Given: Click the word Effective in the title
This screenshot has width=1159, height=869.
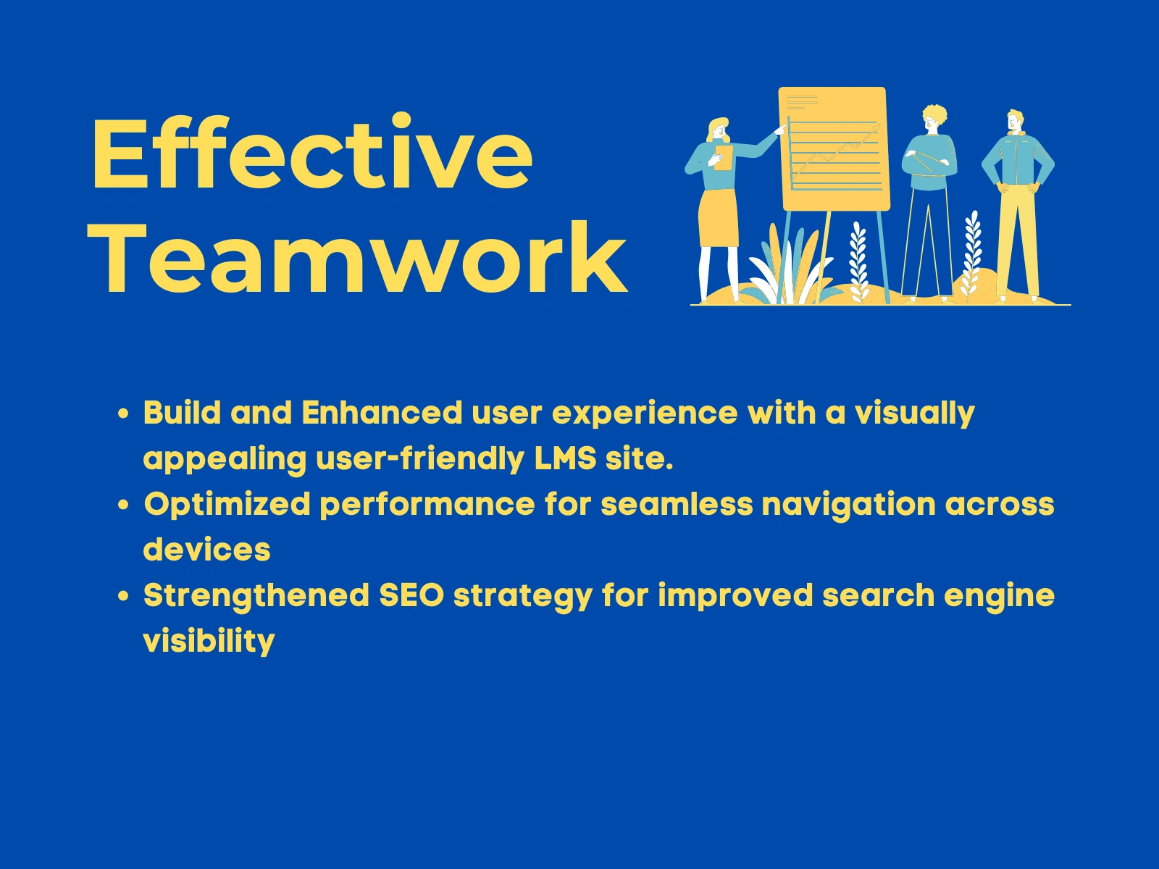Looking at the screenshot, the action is (x=313, y=152).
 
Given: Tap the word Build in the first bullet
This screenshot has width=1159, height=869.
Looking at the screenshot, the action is (x=182, y=412).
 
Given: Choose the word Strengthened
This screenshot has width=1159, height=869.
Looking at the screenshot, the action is (x=256, y=596).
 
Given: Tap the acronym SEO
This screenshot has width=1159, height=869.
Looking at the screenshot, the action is (x=412, y=595).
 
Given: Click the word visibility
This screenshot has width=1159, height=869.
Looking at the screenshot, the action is (x=209, y=642).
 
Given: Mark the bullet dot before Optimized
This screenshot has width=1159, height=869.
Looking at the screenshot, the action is (x=124, y=505).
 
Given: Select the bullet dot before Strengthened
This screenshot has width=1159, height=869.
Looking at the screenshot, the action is (x=124, y=596).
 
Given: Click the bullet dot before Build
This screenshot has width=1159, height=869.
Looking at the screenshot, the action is (x=124, y=413).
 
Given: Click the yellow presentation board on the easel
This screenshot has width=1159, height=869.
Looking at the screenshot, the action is (x=834, y=149).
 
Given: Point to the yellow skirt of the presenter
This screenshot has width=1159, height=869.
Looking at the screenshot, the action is (x=718, y=218).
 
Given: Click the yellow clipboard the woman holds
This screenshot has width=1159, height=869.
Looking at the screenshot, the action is (x=724, y=158).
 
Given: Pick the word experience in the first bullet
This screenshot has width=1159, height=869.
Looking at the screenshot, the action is (x=645, y=413).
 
